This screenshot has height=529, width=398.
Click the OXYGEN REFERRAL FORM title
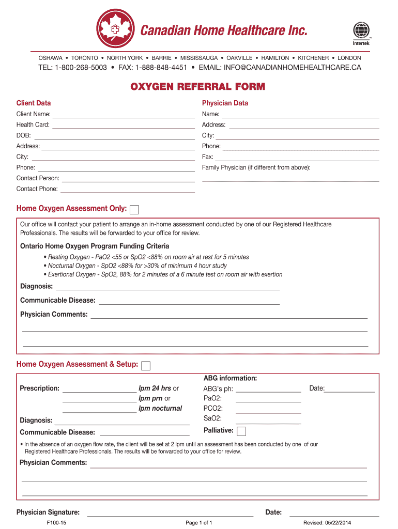coord(198,86)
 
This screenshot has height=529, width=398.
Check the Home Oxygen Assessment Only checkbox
coord(134,210)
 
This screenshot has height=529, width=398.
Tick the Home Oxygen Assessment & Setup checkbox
coord(146,366)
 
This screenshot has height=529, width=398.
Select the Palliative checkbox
coord(241,431)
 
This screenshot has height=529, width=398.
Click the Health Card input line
coord(124,126)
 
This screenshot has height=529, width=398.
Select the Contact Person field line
coord(128,179)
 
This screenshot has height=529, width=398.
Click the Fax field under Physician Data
coord(297,158)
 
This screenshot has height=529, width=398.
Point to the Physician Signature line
coord(170,514)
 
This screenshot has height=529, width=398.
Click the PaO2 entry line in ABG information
coord(268,399)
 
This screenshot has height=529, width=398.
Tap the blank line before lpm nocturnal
coord(99,410)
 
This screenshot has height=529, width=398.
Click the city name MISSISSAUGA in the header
coord(198,58)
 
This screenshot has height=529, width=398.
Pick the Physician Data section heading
coord(225,103)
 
